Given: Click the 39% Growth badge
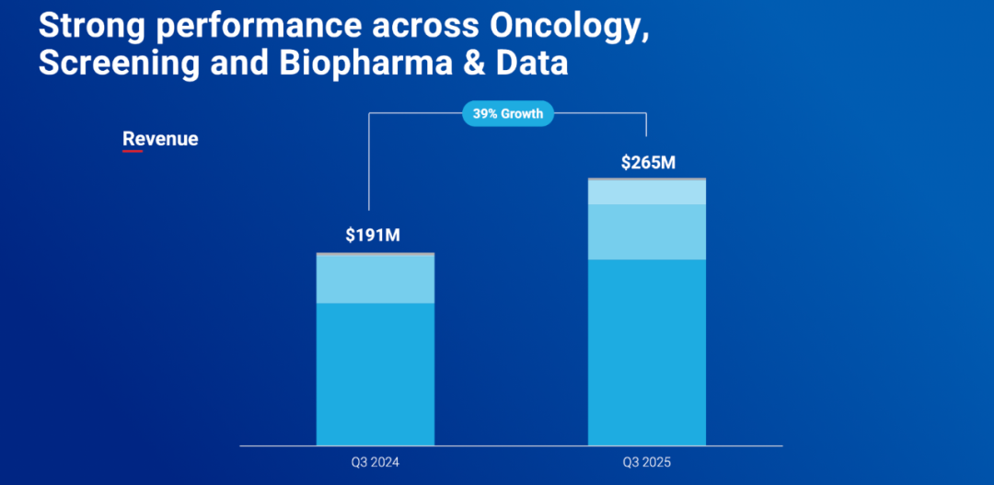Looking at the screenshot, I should pos(507,114).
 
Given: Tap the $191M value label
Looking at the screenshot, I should pos(373,235).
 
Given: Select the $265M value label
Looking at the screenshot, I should pos(648,163).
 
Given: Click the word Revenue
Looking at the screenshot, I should pos(160,139).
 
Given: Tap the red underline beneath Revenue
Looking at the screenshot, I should pos(133,150).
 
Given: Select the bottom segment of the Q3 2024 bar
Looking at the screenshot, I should pos(376,374).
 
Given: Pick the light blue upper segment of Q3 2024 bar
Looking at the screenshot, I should pos(376,279).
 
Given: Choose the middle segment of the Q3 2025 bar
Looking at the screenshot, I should pos(647,232).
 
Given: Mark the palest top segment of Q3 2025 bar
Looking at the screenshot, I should pos(647,191).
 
